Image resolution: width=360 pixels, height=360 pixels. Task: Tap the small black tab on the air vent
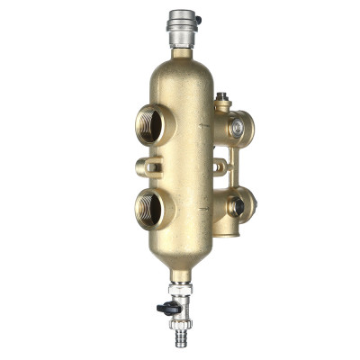pos(197,18)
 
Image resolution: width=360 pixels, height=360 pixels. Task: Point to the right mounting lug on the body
pos(219,165)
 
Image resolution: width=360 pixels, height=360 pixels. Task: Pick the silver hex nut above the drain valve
pos(183,291)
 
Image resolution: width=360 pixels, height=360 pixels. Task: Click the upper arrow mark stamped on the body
pos(205,126)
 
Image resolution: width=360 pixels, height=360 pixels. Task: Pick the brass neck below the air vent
pos(182,52)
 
